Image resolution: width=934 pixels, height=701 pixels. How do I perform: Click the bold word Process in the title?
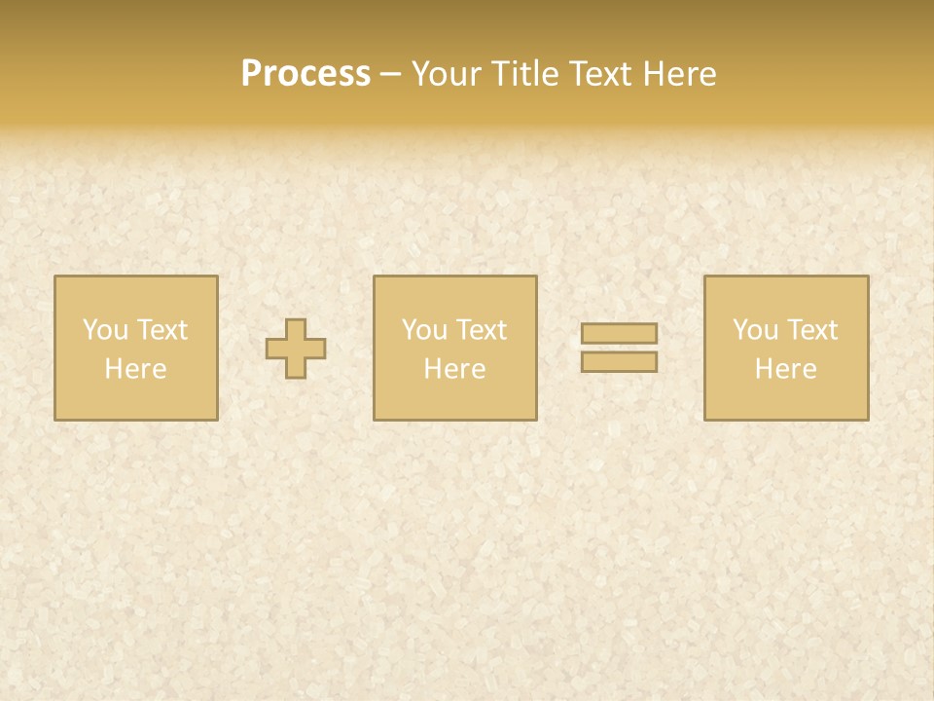coord(305,74)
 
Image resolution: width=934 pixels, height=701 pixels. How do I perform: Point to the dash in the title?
coord(391,75)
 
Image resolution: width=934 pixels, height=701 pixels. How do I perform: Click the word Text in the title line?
coord(602,74)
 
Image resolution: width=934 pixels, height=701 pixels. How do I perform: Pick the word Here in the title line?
coord(680,74)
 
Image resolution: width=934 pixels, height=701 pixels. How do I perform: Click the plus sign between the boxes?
coord(296,349)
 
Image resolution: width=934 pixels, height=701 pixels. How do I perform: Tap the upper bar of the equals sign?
coord(619,334)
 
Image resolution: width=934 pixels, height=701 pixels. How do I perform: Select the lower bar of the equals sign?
coord(619,361)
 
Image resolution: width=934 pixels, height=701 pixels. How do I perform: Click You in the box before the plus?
coord(105,330)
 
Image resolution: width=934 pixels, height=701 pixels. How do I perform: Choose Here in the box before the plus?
coord(135,369)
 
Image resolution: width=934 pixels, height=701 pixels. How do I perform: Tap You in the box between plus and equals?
coord(424,330)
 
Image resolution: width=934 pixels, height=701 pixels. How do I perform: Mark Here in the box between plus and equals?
coord(454,369)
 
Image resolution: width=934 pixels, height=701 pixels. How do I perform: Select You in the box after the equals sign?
coord(755,330)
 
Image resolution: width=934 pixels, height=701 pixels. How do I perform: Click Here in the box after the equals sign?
coord(785,369)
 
